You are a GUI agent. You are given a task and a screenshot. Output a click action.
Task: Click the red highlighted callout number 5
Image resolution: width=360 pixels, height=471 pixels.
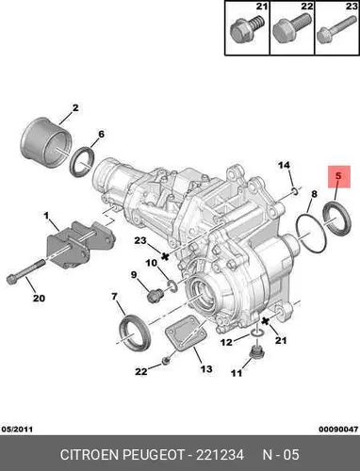(x=338, y=176)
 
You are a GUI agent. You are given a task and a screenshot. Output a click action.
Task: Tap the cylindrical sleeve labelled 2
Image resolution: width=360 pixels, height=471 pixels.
(x=46, y=142)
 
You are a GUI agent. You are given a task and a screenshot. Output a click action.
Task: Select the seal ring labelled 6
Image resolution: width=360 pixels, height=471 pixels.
(x=82, y=162)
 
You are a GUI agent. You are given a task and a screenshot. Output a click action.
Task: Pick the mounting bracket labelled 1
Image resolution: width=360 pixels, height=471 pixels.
(x=80, y=244)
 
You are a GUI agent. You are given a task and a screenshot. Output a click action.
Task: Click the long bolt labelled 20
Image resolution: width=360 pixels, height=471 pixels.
(x=25, y=271)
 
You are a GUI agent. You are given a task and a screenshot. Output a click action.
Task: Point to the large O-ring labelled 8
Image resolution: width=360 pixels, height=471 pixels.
(x=310, y=233)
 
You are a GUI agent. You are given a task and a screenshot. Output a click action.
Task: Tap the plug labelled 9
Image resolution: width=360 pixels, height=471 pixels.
(x=155, y=296)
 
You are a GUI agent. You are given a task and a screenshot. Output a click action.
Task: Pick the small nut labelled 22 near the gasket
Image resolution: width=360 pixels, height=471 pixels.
(x=166, y=362)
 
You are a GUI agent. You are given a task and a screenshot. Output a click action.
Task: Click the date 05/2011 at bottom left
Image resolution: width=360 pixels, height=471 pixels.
(x=17, y=430)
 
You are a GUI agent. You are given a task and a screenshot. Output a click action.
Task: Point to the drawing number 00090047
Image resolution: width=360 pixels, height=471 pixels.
(x=338, y=430)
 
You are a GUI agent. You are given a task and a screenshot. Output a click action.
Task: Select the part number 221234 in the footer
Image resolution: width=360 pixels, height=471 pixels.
(x=220, y=455)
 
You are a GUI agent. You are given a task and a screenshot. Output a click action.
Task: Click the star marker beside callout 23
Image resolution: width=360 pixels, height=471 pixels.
(x=165, y=256)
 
